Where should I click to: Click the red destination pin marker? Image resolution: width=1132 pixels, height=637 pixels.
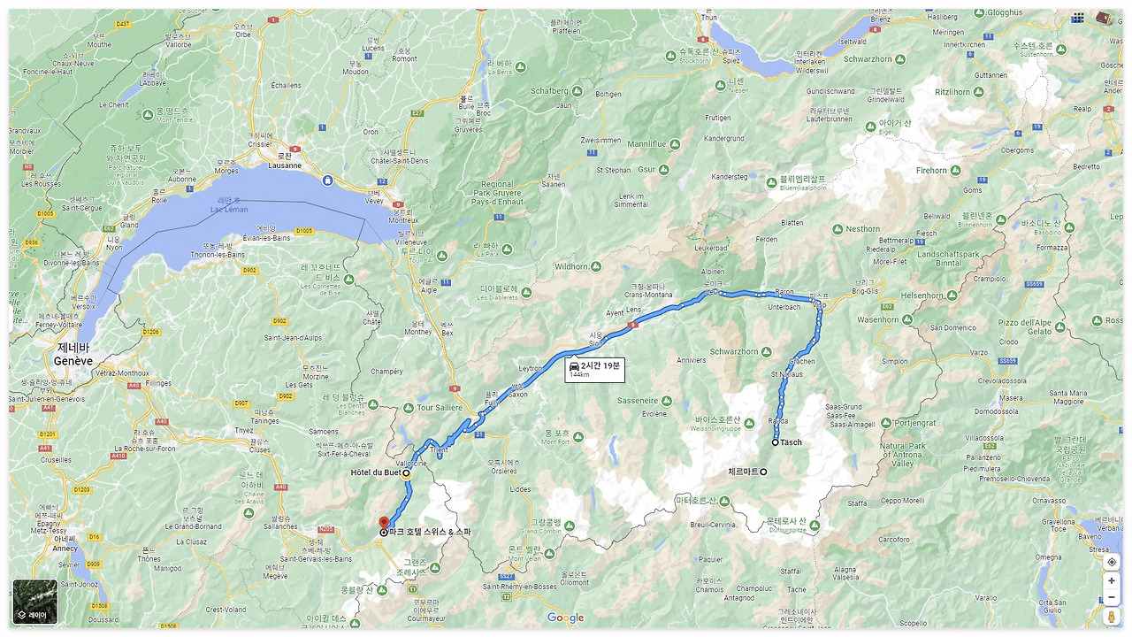coord(384,523)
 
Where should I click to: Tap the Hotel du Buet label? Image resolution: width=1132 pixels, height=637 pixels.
coord(376,473)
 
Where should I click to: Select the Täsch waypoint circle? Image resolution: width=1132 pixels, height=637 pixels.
coord(776,442)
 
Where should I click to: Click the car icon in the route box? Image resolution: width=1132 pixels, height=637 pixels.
coord(574,365)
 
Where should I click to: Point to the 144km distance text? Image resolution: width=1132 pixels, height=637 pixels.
coord(580,375)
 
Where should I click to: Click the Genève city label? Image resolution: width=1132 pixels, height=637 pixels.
coord(73,361)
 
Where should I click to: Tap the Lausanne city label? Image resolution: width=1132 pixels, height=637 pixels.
coord(284,165)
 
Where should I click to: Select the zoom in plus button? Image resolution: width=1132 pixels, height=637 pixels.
coord(1112,581)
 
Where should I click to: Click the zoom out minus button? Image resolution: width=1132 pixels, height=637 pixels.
coord(1112,597)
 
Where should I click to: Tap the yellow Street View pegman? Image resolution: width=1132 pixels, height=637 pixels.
coord(1112,617)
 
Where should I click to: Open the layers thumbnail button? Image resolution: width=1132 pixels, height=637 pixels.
coord(35,602)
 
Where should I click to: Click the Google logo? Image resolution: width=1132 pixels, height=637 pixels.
coord(565,618)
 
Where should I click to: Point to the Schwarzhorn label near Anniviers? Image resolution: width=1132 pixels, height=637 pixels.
coord(734,351)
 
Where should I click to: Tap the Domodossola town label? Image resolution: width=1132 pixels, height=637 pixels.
coord(997,411)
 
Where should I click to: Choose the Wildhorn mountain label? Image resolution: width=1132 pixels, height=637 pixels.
coord(571,266)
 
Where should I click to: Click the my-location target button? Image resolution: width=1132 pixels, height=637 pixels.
coord(1112,562)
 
